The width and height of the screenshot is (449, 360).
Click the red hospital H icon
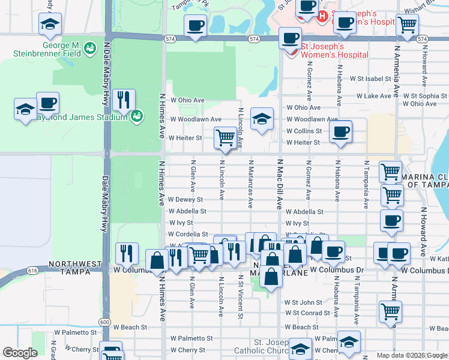322,16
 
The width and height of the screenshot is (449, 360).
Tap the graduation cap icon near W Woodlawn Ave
262,119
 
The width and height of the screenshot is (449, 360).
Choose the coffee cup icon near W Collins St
341,131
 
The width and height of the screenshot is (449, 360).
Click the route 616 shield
32,271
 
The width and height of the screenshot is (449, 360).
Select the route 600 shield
104,322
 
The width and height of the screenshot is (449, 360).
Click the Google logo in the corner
20,353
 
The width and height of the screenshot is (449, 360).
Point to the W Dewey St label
186,199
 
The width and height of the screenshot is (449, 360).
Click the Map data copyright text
412,355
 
